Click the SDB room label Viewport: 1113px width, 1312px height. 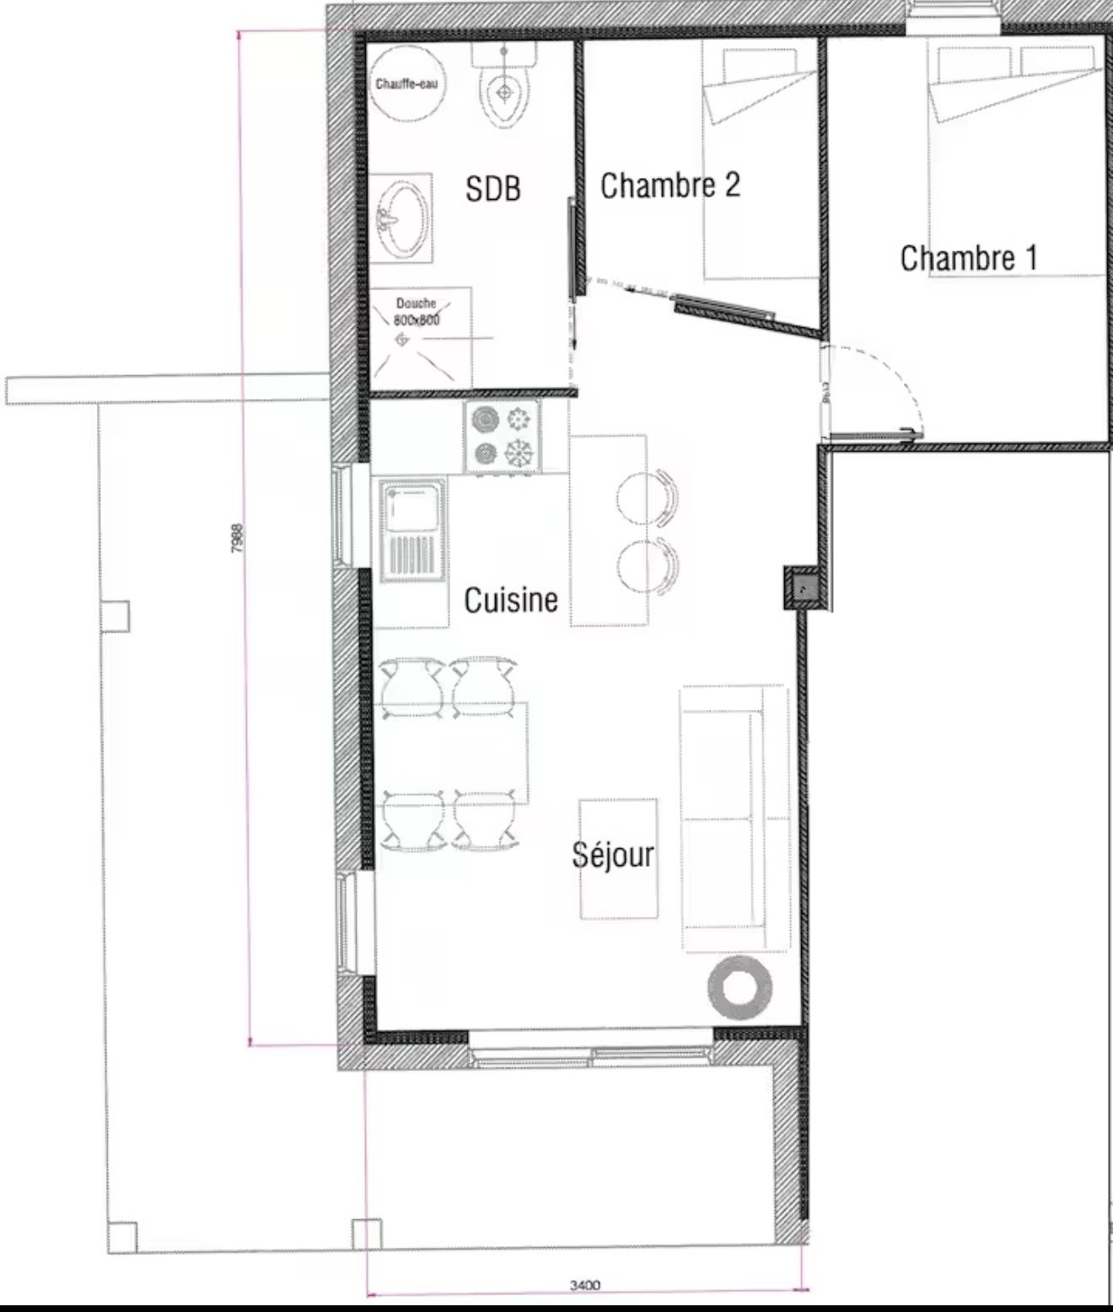[x=492, y=189]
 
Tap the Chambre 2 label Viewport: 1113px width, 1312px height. [x=670, y=186]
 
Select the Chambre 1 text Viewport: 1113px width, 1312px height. [x=969, y=258]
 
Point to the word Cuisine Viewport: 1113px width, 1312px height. [x=511, y=600]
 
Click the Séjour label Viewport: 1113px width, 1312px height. [x=613, y=854]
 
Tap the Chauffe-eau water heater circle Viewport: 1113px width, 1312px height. [x=407, y=84]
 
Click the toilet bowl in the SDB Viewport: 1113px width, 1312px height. [x=505, y=95]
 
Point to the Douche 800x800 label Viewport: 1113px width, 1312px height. [x=417, y=312]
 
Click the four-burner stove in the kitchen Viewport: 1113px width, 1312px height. [x=503, y=436]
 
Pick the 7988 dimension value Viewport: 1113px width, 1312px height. [x=237, y=538]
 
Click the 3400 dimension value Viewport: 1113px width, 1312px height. [x=585, y=1285]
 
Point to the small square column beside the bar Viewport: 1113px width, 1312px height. [x=803, y=589]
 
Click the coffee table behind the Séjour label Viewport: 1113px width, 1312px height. [x=618, y=859]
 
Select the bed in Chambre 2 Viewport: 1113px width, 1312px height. [x=760, y=163]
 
